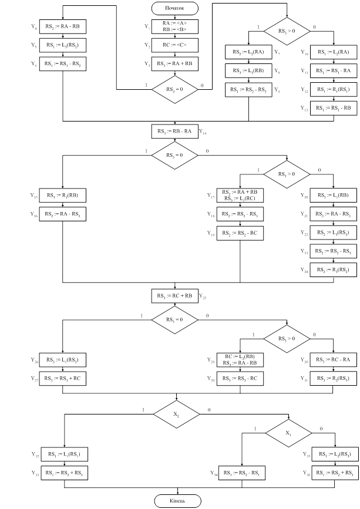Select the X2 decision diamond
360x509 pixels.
click(176, 413)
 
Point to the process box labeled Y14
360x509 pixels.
click(175, 131)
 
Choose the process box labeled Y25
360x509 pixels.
click(175, 295)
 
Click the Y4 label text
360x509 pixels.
click(33, 26)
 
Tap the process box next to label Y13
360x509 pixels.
click(334, 108)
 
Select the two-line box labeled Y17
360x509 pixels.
click(239, 195)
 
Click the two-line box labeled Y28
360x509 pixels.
click(240, 359)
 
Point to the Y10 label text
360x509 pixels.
click(303, 53)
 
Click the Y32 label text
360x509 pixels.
click(34, 454)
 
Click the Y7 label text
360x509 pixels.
click(277, 53)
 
